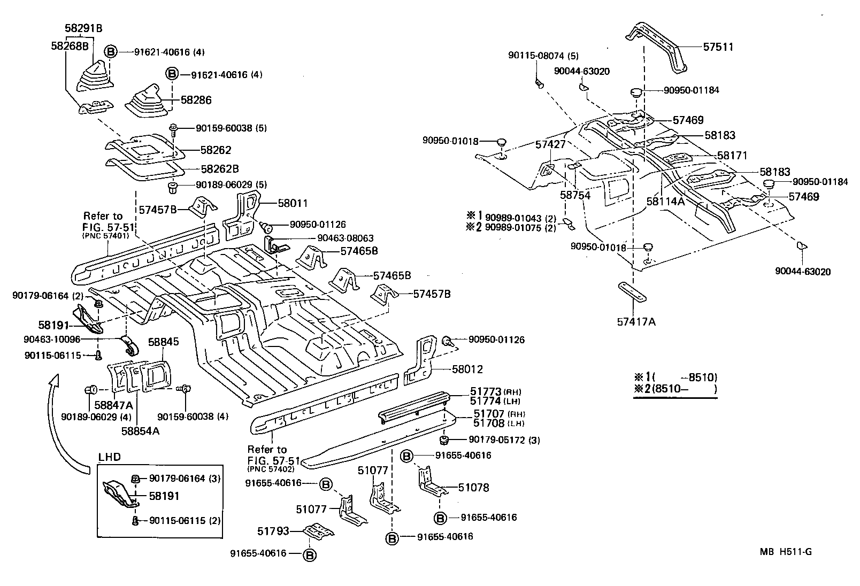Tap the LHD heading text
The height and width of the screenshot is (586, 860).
pyautogui.click(x=110, y=457)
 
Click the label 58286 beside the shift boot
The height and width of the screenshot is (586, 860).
pyautogui.click(x=196, y=100)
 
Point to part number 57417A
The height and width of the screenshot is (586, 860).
pyautogui.click(x=636, y=322)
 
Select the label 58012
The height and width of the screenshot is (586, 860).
pyautogui.click(x=467, y=369)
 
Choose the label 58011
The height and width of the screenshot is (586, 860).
pyautogui.click(x=293, y=203)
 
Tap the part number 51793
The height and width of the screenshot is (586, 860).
pyautogui.click(x=273, y=531)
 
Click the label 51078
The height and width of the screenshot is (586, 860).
pyautogui.click(x=473, y=488)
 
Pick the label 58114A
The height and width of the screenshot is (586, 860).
pyautogui.click(x=665, y=202)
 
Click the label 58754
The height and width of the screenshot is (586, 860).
pyautogui.click(x=575, y=196)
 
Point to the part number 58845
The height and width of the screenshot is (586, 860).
pyautogui.click(x=163, y=342)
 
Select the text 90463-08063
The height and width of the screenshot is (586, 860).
pyautogui.click(x=345, y=238)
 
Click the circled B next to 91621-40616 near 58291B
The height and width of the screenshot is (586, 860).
pyautogui.click(x=110, y=52)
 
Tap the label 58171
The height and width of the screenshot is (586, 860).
pyautogui.click(x=732, y=156)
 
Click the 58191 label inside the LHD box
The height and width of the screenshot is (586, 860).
pyautogui.click(x=164, y=496)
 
